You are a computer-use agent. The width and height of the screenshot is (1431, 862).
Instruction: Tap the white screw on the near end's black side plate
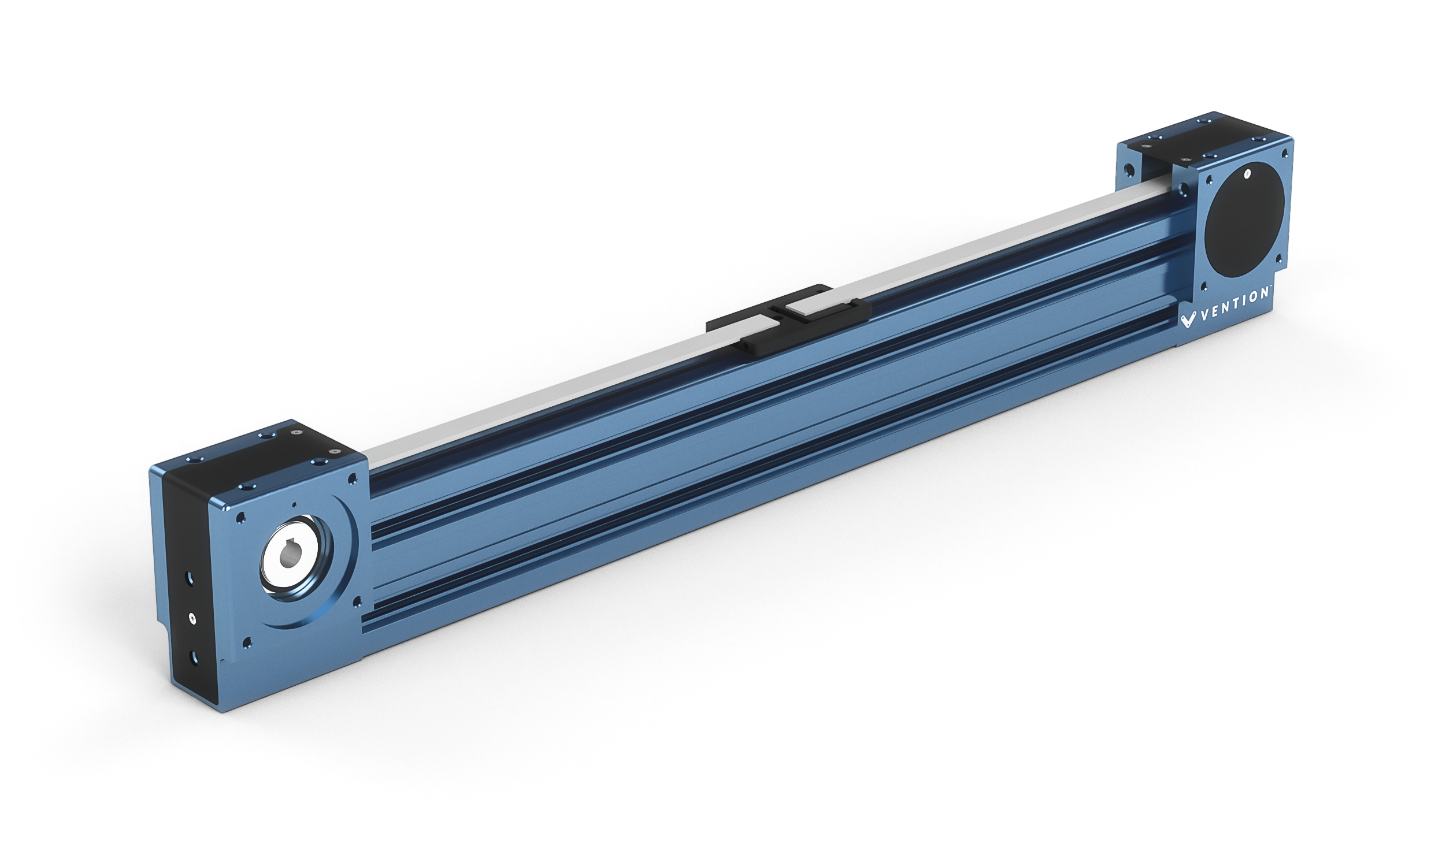tap(192, 619)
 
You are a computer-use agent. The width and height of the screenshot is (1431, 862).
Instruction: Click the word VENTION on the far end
tap(1234, 304)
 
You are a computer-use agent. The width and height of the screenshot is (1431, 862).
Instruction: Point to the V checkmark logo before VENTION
tap(1188, 320)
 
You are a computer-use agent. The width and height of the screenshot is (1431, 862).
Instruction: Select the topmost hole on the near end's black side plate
tap(188, 578)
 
